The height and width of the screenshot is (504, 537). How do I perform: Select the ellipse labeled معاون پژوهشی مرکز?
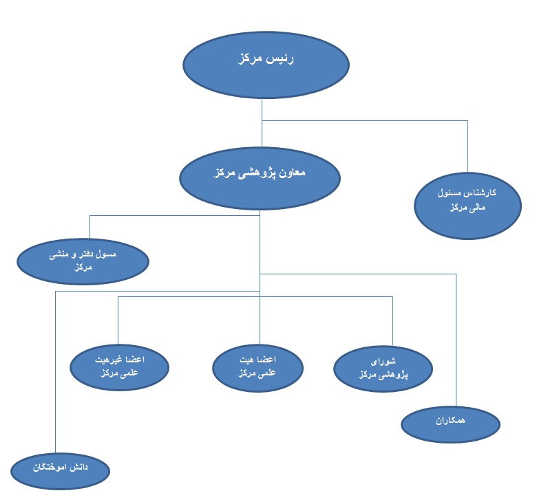260,177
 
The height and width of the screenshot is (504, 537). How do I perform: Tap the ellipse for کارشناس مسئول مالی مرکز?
467,205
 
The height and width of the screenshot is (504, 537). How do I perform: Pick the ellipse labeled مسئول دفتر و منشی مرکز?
83,261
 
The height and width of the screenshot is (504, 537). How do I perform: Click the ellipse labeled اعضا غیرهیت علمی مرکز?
120,367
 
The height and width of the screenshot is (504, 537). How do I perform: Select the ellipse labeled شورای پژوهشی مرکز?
383,369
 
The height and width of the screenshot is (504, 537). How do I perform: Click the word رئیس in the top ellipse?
280,59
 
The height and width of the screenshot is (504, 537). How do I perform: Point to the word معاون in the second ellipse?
291,173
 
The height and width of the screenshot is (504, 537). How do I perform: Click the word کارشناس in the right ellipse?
483,193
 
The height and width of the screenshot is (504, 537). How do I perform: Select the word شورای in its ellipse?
383,360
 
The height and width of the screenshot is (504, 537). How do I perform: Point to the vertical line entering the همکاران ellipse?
456,344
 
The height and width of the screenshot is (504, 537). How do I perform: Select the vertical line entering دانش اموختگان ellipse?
55,371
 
